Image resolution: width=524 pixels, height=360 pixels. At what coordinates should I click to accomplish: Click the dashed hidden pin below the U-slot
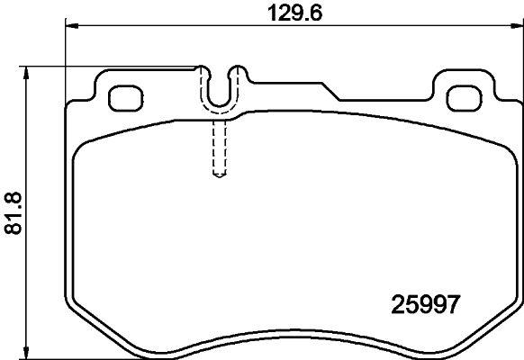tap(217, 148)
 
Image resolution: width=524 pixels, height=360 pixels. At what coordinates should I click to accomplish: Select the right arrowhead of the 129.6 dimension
tap(517, 28)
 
